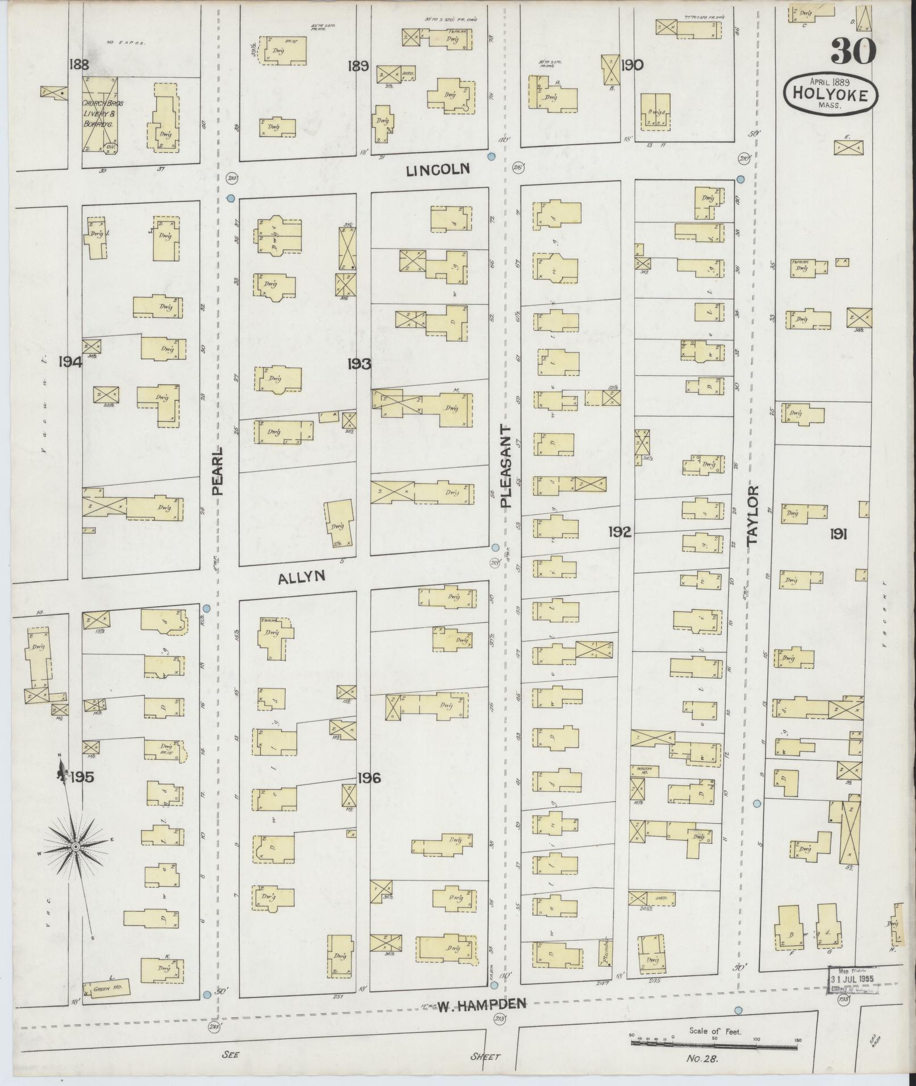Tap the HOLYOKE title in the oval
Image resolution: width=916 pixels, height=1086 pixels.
pos(830,95)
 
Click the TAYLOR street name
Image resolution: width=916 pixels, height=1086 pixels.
pos(752,515)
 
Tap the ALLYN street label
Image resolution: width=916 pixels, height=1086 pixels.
pos(302,577)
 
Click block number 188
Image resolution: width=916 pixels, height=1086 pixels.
pos(78,64)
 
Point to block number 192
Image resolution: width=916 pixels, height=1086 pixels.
pos(620,532)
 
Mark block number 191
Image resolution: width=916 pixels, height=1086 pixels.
pos(838,534)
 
